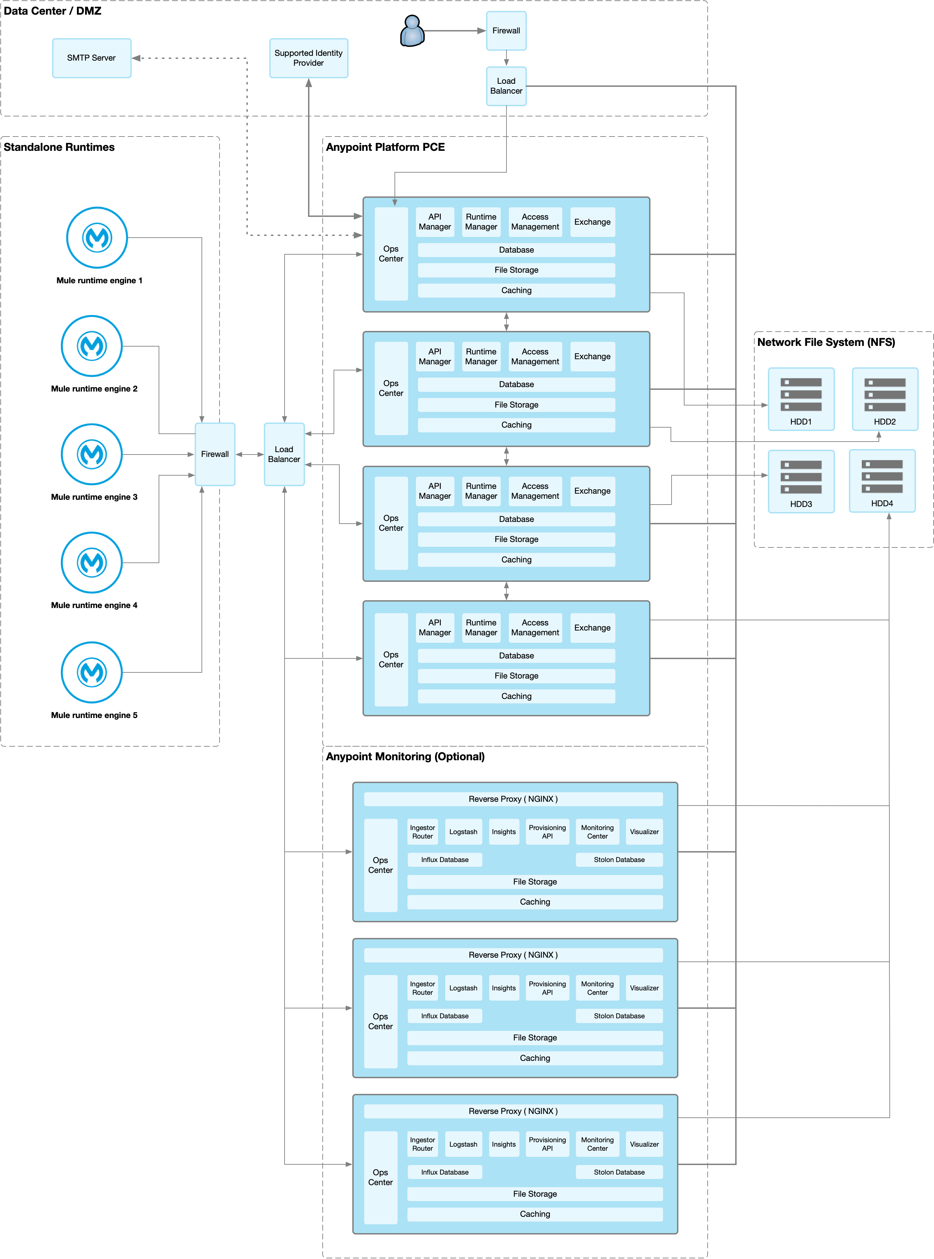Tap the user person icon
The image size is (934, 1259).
coord(412,31)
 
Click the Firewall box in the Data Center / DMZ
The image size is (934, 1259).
coord(506,31)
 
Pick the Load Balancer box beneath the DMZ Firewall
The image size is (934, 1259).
coord(506,86)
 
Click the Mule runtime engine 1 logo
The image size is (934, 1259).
coord(97,237)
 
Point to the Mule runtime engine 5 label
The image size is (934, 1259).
coord(94,715)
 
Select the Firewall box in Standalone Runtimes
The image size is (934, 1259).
coord(215,454)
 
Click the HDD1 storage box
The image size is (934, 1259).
coord(801,399)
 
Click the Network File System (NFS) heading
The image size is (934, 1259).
coord(826,342)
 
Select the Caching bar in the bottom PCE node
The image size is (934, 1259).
coord(516,696)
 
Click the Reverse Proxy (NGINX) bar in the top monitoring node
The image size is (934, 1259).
coord(513,799)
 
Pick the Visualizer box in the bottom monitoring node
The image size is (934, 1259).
coord(644,1144)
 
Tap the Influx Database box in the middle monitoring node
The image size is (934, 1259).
coord(445,1016)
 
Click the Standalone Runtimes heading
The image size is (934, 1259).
coord(59,147)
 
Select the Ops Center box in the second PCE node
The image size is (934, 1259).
coord(391,388)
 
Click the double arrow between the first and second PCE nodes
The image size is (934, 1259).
coord(506,322)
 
